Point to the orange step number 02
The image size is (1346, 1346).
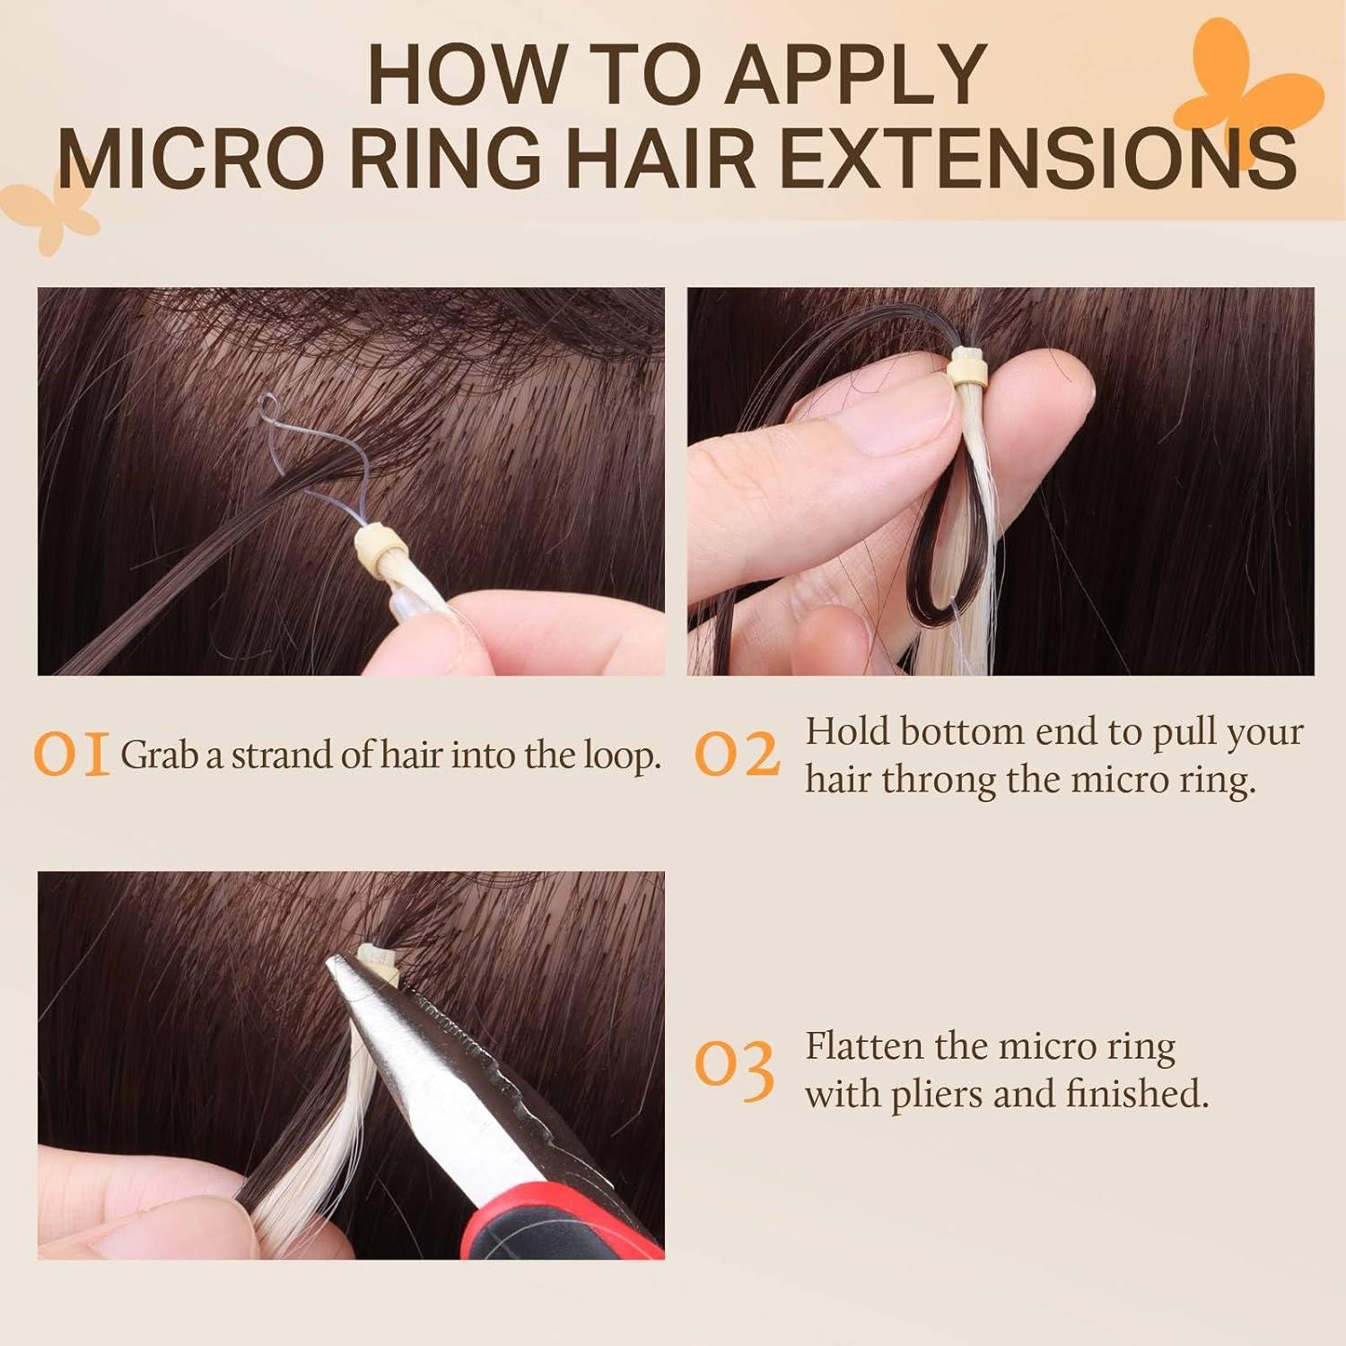coord(738,756)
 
